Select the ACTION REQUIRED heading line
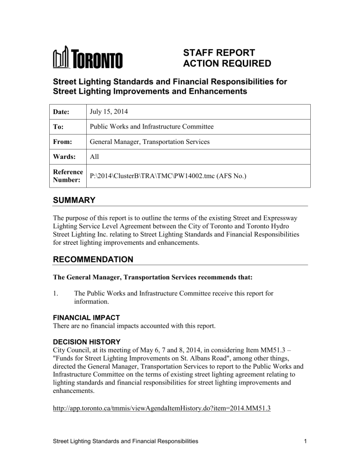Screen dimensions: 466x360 pyautogui.click(x=227, y=64)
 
